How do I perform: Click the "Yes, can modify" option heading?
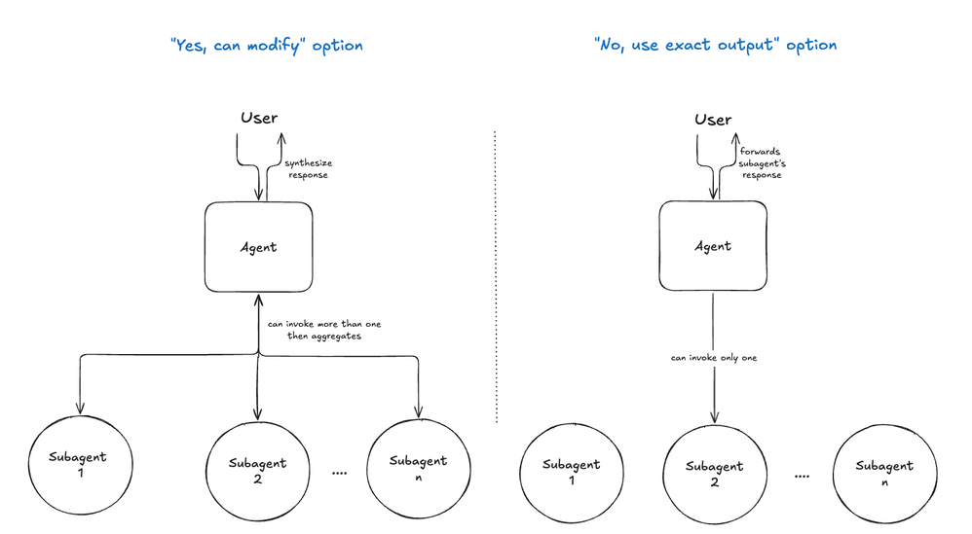(x=267, y=46)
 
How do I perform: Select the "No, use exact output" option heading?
(x=715, y=45)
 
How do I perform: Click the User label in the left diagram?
(x=259, y=118)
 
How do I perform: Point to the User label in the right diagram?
(x=713, y=120)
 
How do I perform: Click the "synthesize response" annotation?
(x=309, y=169)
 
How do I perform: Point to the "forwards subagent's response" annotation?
(x=762, y=163)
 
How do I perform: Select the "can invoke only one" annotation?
(x=714, y=358)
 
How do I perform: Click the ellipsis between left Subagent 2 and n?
(x=339, y=474)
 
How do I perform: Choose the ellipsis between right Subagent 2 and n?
(x=802, y=477)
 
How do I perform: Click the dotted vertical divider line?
(x=496, y=276)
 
